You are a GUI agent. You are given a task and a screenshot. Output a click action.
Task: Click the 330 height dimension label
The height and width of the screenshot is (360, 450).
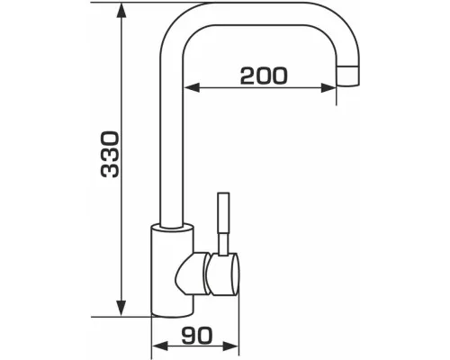110,154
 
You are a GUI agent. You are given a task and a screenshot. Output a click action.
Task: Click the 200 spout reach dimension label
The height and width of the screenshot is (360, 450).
264,76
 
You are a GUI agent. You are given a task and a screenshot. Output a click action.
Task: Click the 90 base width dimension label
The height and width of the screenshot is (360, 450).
197,335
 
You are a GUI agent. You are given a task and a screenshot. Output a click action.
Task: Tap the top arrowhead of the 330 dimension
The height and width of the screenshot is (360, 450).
121,11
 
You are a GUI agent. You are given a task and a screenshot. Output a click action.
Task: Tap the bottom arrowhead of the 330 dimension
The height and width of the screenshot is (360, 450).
121,309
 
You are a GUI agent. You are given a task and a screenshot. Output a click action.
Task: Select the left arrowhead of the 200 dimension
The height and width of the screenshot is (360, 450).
192,87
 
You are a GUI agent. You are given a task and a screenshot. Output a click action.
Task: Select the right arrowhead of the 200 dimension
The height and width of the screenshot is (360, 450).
328,87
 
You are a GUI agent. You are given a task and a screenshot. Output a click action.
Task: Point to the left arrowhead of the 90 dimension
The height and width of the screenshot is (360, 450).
159,346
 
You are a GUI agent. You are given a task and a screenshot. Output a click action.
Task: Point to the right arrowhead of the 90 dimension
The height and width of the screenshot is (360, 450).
230,346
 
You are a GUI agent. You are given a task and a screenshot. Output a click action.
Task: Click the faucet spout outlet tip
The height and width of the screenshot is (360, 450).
347,76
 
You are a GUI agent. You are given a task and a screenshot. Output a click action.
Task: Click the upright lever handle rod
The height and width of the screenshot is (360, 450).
224,213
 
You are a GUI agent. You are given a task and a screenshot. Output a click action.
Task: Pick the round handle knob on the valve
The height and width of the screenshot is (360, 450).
223,274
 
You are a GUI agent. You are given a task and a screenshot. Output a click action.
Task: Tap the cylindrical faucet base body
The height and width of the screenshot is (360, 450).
172,271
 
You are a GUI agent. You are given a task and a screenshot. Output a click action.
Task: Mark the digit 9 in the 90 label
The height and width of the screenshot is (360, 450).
189,335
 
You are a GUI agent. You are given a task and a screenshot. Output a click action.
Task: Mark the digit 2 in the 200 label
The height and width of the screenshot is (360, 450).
247,76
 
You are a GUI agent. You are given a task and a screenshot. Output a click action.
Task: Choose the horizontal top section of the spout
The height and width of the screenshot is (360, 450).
258,13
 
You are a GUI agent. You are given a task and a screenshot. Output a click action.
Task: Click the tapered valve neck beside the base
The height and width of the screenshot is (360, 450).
192,273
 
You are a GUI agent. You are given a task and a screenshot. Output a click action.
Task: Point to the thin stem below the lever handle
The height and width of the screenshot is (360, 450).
223,244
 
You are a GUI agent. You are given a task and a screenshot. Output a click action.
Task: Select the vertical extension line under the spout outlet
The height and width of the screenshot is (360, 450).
336,95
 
